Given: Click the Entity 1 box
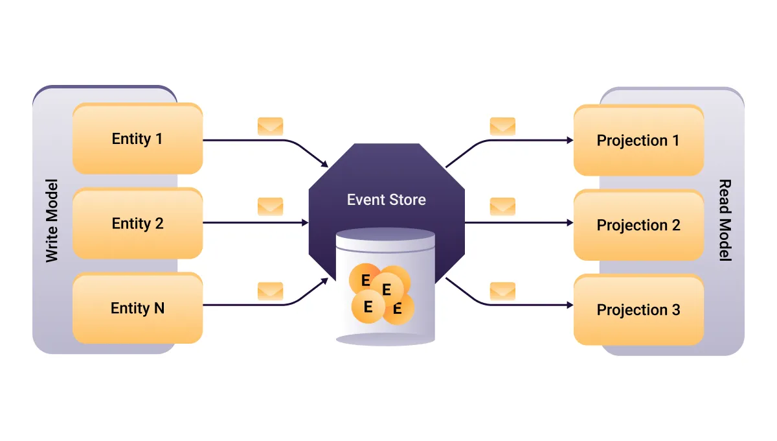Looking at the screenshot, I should [x=137, y=139].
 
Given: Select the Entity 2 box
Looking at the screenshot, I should [x=137, y=224].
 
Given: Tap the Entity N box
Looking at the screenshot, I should [x=137, y=308].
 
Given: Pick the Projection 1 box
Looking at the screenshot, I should [x=638, y=140].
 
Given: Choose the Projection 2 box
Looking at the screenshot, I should [x=638, y=225].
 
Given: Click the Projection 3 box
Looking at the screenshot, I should [x=638, y=310].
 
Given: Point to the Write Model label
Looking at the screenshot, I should [x=52, y=220].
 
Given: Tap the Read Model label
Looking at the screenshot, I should [x=725, y=220].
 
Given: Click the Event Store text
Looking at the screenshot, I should [x=387, y=199].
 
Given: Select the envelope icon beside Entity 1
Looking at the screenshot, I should [x=270, y=126].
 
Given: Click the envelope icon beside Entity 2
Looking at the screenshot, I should [x=270, y=206].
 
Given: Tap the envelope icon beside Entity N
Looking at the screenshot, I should [x=270, y=291].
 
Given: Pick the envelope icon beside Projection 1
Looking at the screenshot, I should [x=502, y=126].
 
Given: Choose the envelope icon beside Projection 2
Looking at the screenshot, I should [x=502, y=206].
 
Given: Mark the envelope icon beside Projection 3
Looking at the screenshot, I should [x=502, y=291].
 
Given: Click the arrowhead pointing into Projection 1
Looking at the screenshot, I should [x=570, y=140].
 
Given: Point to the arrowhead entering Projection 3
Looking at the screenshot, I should [x=570, y=304].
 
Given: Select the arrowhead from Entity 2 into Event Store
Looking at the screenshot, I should [x=305, y=222].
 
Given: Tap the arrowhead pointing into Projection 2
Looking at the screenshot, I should [x=570, y=222].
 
